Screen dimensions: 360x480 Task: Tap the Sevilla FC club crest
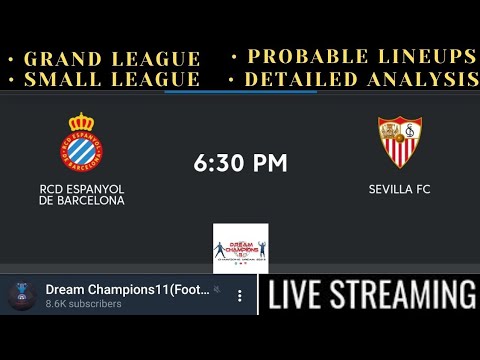pos(400,141)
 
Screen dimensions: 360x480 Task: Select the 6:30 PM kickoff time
pos(240,163)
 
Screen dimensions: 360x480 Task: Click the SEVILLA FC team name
pos(400,188)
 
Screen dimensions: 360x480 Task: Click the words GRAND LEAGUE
pos(112,59)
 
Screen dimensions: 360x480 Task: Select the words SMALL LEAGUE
pos(112,79)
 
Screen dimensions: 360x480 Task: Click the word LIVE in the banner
pos(302,296)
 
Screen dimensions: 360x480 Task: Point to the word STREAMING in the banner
pos(408,296)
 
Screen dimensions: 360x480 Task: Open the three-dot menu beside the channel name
pos(240,296)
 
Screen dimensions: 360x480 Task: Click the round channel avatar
pos(22,296)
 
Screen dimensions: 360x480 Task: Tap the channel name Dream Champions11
pos(128,290)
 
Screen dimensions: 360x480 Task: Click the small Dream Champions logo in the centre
pos(240,247)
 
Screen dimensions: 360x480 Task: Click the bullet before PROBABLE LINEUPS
pos(234,56)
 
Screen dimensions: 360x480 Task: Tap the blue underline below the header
pos(240,91)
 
